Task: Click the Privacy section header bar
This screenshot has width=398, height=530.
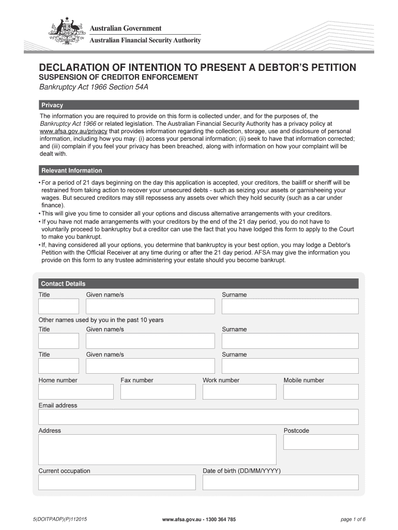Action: click(199, 105)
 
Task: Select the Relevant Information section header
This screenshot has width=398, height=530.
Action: click(199, 170)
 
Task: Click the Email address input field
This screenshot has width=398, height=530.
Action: click(198, 417)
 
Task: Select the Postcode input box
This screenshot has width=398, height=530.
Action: click(320, 442)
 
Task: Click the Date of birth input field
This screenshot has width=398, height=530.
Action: click(280, 482)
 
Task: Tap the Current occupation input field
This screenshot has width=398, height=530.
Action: click(117, 482)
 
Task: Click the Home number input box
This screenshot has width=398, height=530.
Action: click(75, 392)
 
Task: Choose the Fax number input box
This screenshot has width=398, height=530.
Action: click(158, 392)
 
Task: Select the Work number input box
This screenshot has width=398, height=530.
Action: click(239, 392)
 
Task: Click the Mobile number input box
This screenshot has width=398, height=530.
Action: click(320, 392)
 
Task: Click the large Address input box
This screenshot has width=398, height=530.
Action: click(157, 449)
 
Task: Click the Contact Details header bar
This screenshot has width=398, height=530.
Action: click(199, 284)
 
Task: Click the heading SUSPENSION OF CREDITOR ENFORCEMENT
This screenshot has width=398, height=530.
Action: click(119, 77)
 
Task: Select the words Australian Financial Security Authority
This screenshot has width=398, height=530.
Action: click(146, 40)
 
